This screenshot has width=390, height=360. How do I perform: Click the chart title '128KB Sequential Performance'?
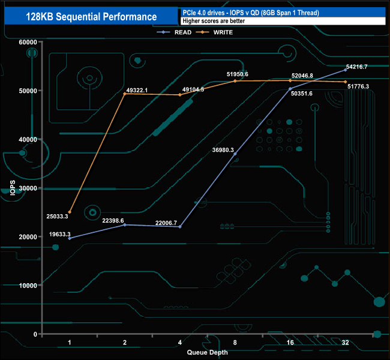click(x=92, y=17)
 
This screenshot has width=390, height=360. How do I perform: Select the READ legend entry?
click(x=182, y=32)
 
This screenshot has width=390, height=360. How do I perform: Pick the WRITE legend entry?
click(x=223, y=32)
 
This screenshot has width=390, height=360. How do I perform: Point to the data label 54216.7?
click(x=357, y=67)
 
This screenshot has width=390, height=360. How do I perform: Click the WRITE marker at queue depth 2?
click(x=125, y=94)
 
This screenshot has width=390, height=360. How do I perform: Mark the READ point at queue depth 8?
click(x=235, y=154)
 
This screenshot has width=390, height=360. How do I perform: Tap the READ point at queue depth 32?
click(x=346, y=70)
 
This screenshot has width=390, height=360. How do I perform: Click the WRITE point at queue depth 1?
click(x=70, y=212)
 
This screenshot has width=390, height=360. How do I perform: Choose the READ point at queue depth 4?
click(x=180, y=227)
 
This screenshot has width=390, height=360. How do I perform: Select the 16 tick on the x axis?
click(x=290, y=343)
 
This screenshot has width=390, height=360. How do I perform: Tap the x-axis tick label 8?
click(x=235, y=343)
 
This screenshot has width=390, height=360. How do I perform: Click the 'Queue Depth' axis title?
click(x=207, y=352)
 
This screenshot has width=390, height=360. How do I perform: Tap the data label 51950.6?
click(x=237, y=74)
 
